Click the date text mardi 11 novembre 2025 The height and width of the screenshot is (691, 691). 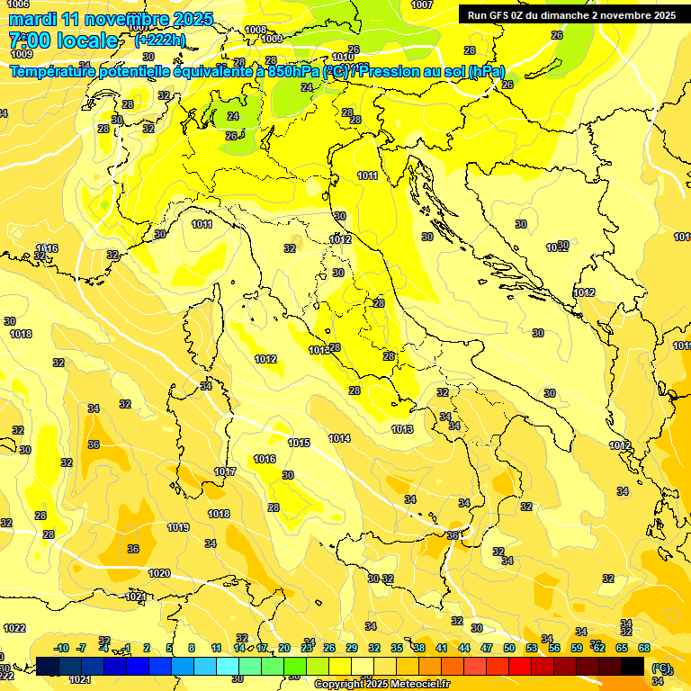click(111, 19)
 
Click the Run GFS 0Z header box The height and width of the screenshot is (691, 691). click(571, 14)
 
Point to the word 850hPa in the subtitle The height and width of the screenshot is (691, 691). click(292, 71)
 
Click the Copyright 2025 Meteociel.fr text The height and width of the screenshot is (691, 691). click(381, 684)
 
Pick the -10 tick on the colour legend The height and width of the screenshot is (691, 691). click(61, 648)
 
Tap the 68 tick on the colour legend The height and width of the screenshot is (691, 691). click(643, 648)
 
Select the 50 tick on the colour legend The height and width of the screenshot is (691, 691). click(509, 648)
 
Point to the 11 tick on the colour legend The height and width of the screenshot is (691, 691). click(216, 648)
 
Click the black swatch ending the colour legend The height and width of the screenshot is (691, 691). click(633, 666)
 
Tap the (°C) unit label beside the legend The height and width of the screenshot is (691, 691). click(660, 668)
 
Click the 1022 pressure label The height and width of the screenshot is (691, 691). click(14, 628)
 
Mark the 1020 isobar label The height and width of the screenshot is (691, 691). click(159, 573)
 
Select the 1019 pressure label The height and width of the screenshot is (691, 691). click(178, 527)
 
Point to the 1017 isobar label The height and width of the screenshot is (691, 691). click(225, 471)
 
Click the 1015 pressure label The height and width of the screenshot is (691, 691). click(299, 443)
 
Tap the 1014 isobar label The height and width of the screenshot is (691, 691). click(339, 438)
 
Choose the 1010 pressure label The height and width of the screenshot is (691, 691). click(343, 57)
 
